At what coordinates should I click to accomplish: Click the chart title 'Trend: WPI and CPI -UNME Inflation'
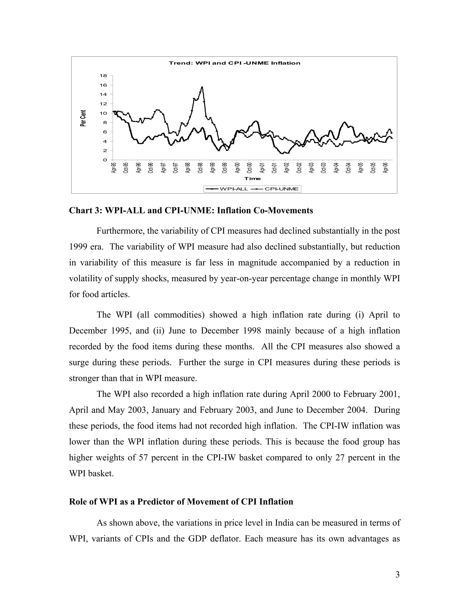(x=234, y=63)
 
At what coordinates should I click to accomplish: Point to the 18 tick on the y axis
(x=103, y=76)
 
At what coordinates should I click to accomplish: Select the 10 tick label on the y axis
(x=103, y=113)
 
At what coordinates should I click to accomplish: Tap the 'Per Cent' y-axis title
(x=83, y=118)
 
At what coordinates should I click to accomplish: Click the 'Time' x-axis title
(x=253, y=178)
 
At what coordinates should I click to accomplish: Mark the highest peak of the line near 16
(x=202, y=87)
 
